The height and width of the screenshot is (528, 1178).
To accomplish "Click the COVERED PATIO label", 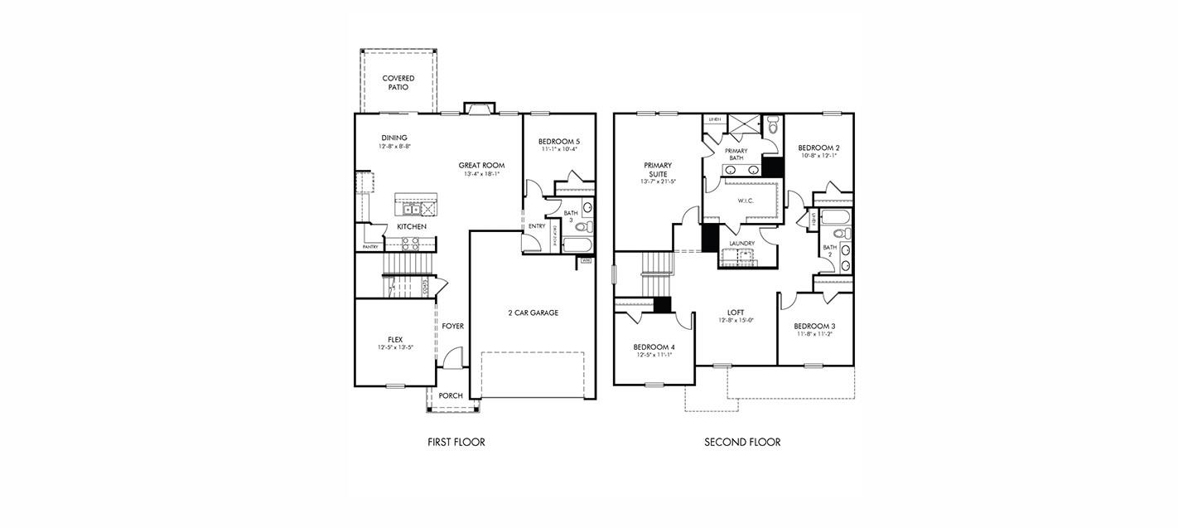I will point(398,83).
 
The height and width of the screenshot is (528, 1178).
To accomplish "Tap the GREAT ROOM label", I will point(481,166).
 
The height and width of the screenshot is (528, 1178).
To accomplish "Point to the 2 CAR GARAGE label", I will point(533,313).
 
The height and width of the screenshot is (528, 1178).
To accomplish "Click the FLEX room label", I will point(395,339).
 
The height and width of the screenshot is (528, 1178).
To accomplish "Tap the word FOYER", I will point(452,327).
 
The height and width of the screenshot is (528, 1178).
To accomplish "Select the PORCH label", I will point(451,396).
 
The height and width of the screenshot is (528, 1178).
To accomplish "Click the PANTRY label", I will point(371,247).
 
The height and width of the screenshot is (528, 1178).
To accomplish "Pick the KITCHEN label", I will point(412,227).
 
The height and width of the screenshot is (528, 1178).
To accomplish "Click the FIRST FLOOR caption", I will point(456,443).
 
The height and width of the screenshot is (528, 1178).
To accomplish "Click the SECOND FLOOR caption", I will point(742,443).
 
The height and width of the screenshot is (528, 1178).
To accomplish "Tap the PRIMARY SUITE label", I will point(658,170).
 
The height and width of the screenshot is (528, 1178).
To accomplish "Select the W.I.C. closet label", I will point(745,201).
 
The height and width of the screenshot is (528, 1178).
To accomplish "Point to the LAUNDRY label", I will point(741,244).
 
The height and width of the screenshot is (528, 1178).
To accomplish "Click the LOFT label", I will point(736,312).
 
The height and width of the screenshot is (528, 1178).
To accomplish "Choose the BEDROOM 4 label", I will point(654,347).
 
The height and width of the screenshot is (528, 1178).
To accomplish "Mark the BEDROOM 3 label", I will point(813,327).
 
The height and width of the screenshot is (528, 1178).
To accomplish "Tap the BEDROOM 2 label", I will point(818,148).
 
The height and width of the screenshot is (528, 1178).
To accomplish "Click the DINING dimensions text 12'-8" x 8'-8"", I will point(394,146).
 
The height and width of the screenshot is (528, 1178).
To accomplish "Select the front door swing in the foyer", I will point(451,359).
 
